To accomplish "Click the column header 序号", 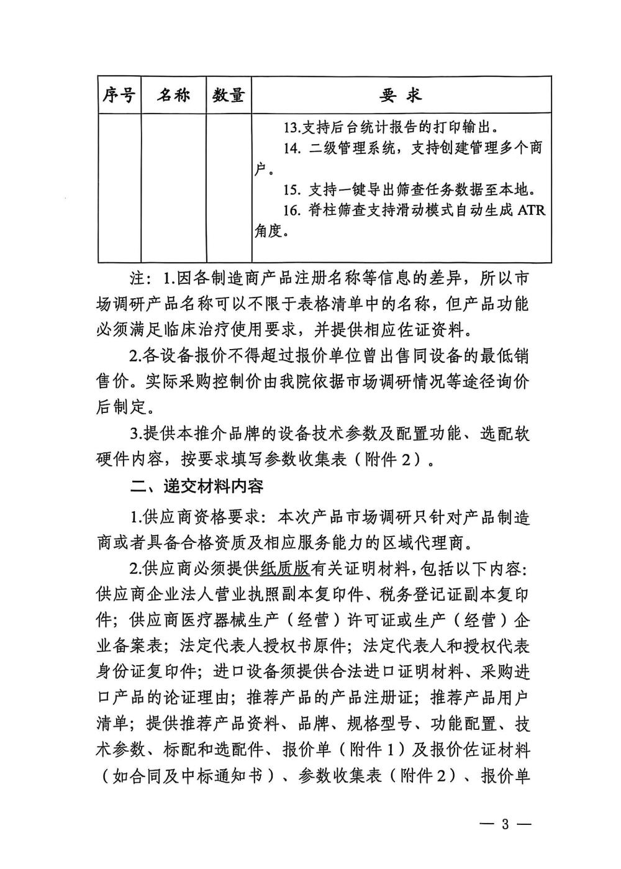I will [x=119, y=95].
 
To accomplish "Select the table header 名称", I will [x=173, y=95].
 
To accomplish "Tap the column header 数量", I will [x=228, y=95].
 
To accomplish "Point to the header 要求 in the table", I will [x=401, y=95].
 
